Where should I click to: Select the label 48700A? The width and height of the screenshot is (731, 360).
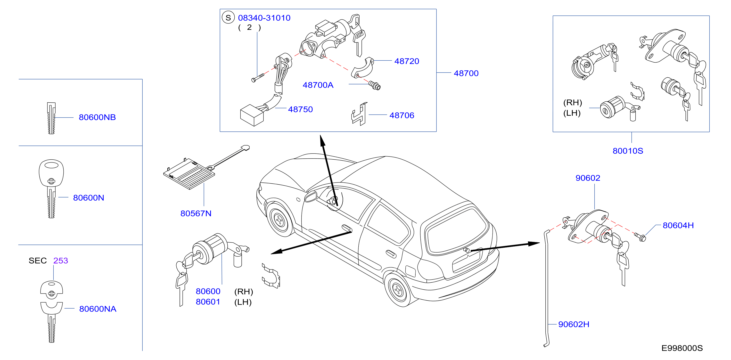point(318,85)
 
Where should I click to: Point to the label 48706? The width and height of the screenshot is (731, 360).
point(402,115)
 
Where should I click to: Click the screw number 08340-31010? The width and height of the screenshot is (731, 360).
point(264,18)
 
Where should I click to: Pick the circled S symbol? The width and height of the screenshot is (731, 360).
point(228,18)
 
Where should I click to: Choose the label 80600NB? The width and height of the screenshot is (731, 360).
point(97,117)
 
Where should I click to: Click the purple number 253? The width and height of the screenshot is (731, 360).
point(60,261)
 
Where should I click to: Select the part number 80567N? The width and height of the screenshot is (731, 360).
point(196,213)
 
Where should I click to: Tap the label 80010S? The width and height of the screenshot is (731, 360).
point(628,151)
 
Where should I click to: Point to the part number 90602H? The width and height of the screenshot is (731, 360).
point(574,324)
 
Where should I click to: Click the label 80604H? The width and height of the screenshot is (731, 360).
point(678,225)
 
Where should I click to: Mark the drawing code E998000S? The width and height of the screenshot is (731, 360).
point(682,348)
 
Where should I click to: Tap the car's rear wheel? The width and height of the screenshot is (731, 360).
point(398,290)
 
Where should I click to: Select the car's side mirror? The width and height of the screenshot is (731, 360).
point(311,196)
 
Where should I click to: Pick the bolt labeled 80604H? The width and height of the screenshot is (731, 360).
point(640,237)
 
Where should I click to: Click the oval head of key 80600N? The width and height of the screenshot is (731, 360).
point(51,172)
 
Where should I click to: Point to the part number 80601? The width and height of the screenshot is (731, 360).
point(208,302)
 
